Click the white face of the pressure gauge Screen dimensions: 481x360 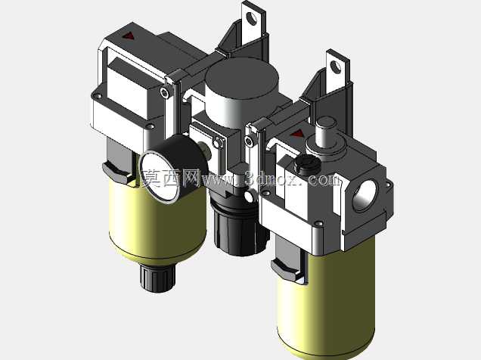pyautogui.click(x=160, y=175)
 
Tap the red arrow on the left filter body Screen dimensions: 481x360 pyautogui.click(x=129, y=36)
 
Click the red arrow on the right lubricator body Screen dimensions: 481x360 pyautogui.click(x=297, y=133)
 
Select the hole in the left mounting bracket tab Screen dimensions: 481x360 pyautogui.click(x=252, y=18)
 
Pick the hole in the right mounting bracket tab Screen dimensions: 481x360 pyautogui.click(x=336, y=67)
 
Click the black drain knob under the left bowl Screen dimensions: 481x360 pyautogui.click(x=157, y=278)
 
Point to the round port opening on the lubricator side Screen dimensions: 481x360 pyautogui.click(x=365, y=196)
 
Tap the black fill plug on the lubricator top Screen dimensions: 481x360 pyautogui.click(x=307, y=164)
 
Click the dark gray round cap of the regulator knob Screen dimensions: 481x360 pyautogui.click(x=242, y=77)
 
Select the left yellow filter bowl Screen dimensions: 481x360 pyautogui.click(x=157, y=221)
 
